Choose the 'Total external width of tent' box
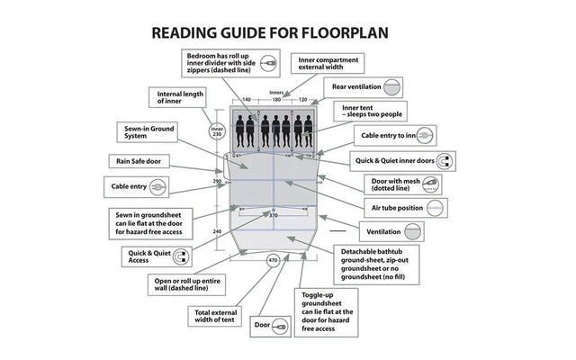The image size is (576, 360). point(215,316)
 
